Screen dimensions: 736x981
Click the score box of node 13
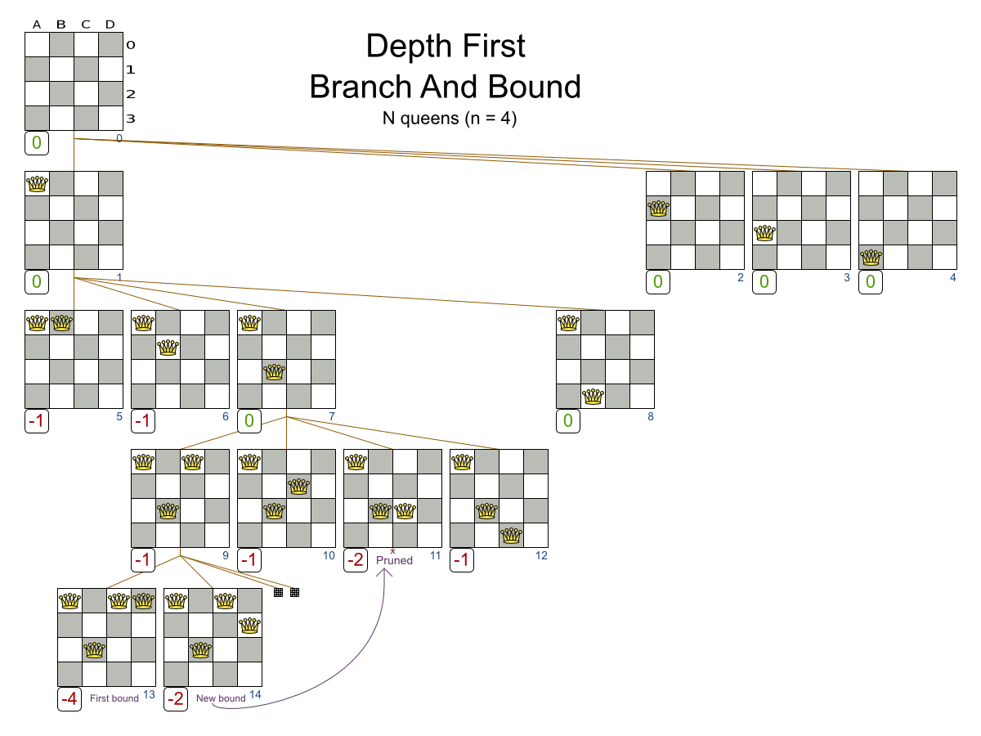(x=69, y=699)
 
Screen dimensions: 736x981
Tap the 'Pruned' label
(x=394, y=560)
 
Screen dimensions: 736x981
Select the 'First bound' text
(x=114, y=698)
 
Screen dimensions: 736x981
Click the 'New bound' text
(x=221, y=698)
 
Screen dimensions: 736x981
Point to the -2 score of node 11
(x=356, y=560)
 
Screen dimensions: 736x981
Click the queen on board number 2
(x=658, y=209)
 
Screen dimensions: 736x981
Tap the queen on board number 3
(x=764, y=233)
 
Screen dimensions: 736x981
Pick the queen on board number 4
(x=871, y=258)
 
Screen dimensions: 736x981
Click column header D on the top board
(x=110, y=24)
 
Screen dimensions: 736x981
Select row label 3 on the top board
(x=130, y=119)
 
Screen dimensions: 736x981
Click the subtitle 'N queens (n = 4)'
(x=450, y=118)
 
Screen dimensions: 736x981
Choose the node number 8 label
(x=650, y=416)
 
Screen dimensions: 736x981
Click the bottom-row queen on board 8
(x=593, y=397)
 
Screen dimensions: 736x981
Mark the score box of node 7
(x=249, y=421)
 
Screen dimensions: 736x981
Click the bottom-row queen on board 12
(x=511, y=536)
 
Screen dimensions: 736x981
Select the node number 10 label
(x=329, y=555)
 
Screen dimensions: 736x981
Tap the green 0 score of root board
(x=37, y=143)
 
